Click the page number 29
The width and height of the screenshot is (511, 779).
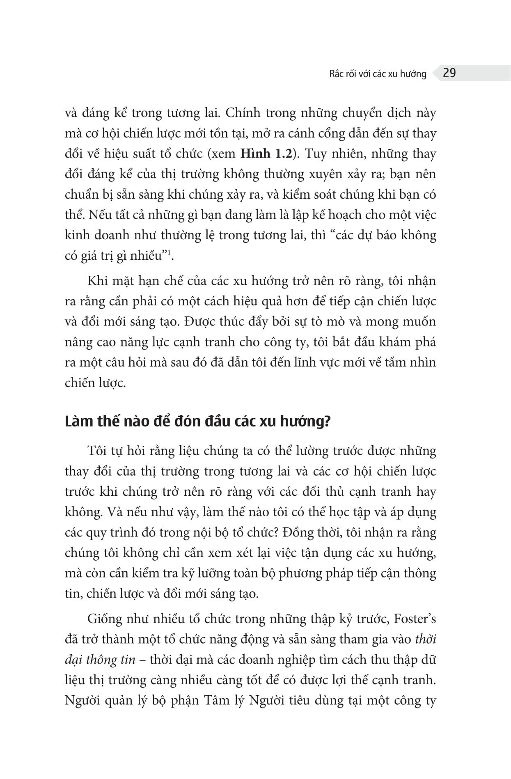point(449,73)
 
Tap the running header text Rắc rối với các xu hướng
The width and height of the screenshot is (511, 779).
point(378,74)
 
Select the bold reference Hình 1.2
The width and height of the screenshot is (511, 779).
point(261,154)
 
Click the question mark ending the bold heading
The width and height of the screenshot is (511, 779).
point(327,422)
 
